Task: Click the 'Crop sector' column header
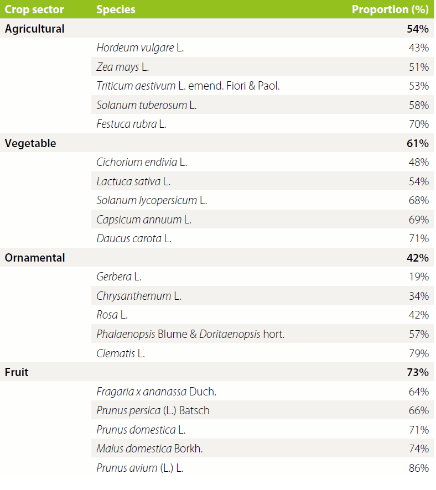point(34,9)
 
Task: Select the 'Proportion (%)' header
point(390,9)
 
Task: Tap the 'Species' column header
point(116,9)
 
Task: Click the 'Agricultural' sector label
point(34,29)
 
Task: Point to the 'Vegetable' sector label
point(30,143)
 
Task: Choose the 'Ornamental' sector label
point(35,258)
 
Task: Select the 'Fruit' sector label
point(17,372)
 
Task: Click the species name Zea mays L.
point(122,67)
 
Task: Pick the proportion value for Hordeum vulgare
point(419,48)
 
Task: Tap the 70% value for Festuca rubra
point(419,124)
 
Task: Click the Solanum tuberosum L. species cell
point(146,105)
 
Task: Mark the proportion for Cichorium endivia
point(419,163)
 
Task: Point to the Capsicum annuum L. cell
point(144,220)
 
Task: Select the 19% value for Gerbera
point(419,277)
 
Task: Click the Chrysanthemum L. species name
point(139,296)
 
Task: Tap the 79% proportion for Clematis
point(419,353)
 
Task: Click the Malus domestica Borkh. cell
point(149,449)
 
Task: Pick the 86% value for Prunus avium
point(419,468)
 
